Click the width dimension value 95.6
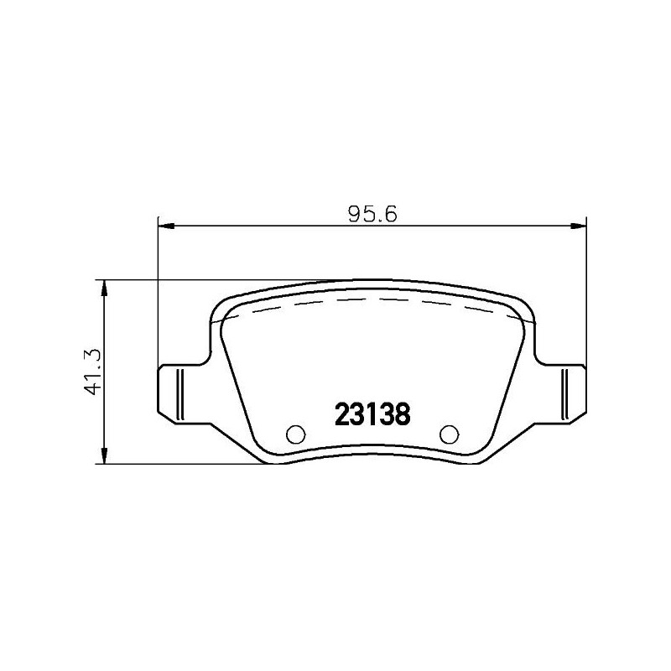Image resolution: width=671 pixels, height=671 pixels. (372, 213)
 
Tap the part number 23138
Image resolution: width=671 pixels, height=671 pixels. (372, 414)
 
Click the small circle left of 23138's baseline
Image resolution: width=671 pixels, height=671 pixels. (295, 434)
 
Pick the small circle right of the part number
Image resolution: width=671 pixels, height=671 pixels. (450, 434)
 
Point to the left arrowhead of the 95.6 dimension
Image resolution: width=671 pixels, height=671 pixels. (164, 225)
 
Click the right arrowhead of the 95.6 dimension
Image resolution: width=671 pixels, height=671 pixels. (579, 225)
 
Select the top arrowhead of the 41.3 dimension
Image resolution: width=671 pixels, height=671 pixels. (104, 287)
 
